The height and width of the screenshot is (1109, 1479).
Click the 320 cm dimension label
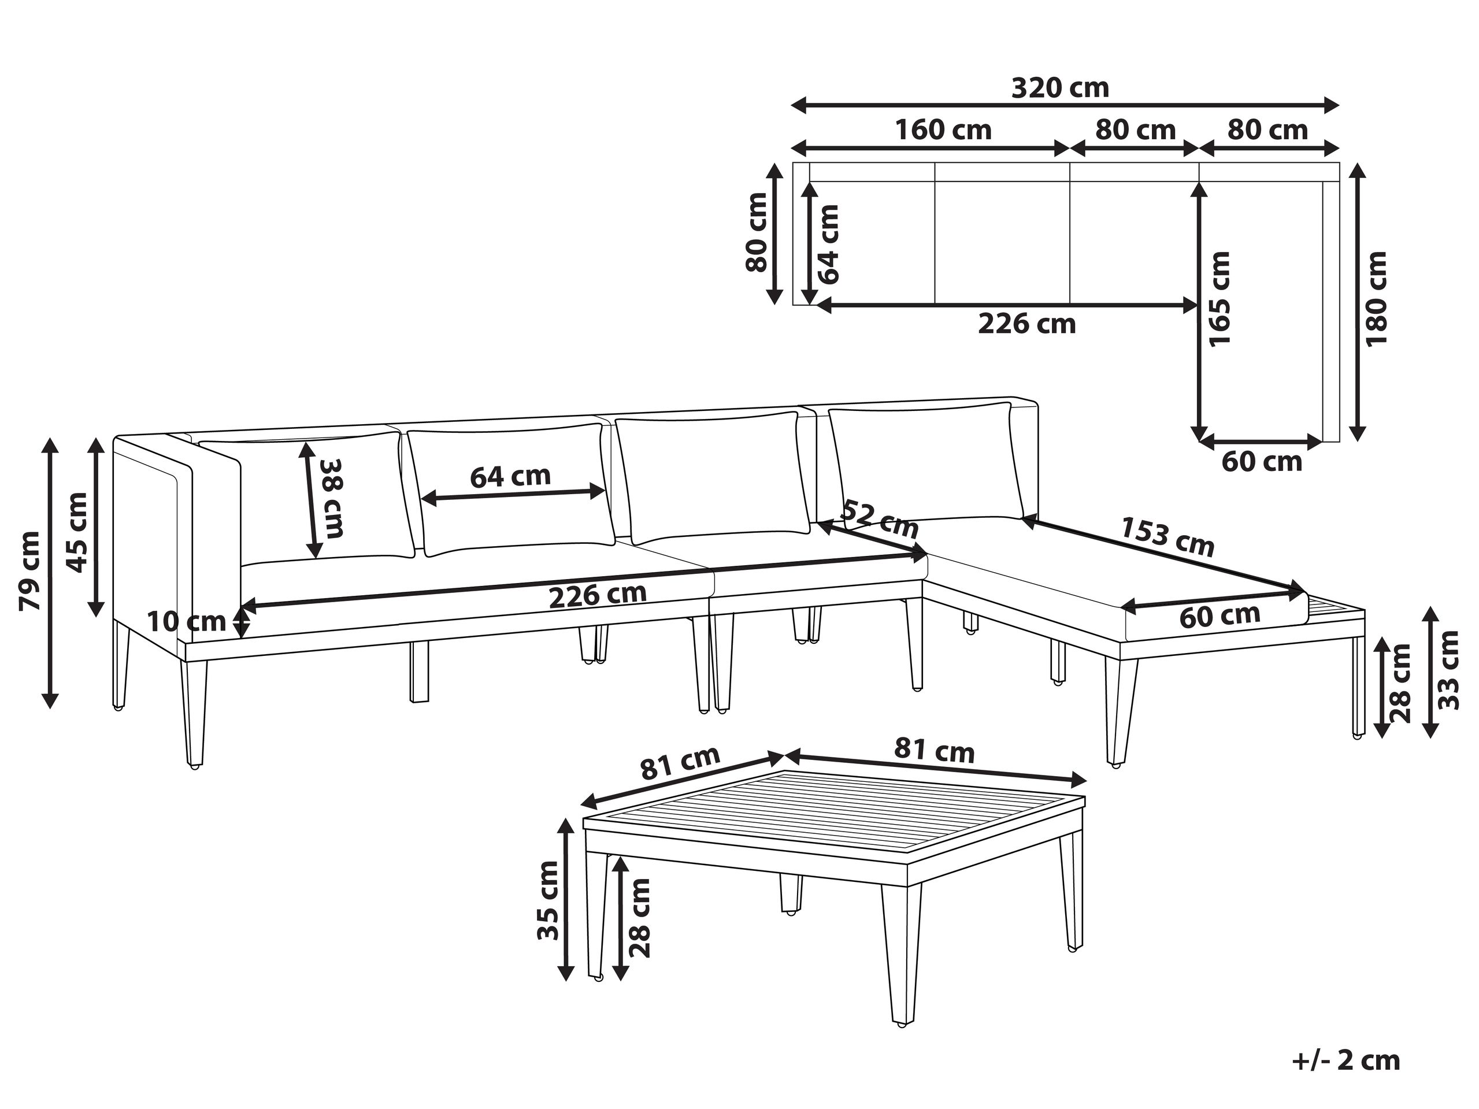[1061, 88]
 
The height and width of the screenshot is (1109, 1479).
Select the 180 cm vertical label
[1377, 298]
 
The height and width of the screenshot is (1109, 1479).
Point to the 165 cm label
[1219, 299]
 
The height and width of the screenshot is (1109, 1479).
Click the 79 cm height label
[30, 571]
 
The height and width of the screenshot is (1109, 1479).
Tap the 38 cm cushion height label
[332, 498]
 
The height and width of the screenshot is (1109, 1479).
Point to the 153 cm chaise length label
[1167, 537]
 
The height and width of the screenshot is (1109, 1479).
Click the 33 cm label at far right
[1448, 670]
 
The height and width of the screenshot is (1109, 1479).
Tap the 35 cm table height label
[548, 900]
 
